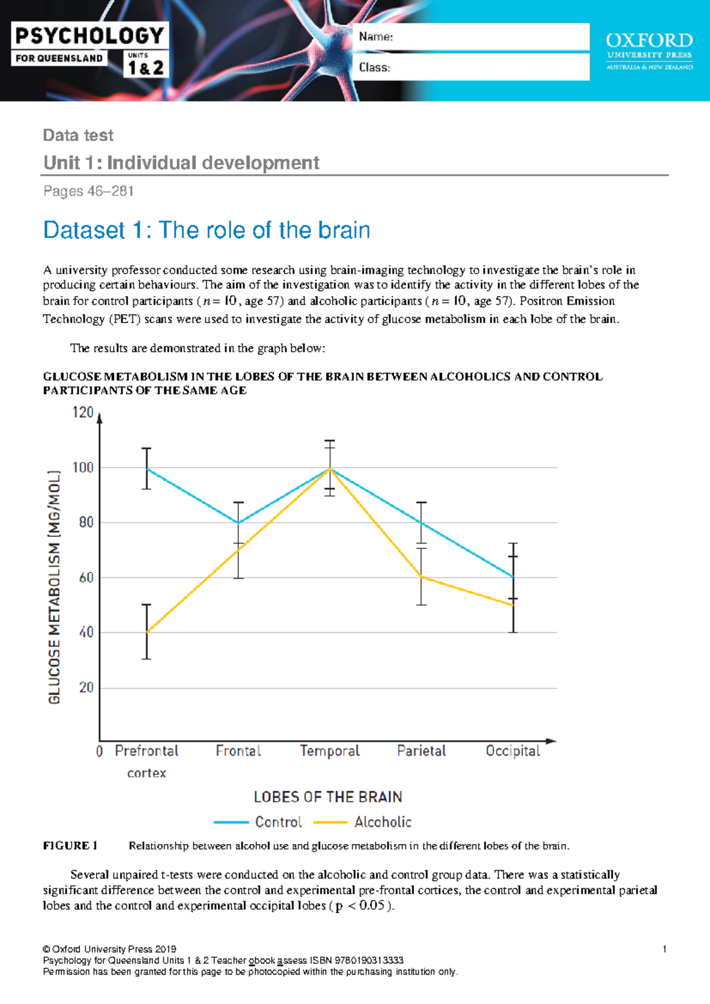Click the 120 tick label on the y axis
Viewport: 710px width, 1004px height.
pos(83,413)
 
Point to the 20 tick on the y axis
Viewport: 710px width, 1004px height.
pos(86,687)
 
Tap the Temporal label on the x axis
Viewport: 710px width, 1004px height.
pos(330,751)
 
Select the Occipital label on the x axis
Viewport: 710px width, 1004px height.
pos(513,751)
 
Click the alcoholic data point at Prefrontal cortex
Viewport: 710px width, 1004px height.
pos(147,632)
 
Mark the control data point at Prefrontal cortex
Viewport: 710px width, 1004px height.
pos(147,469)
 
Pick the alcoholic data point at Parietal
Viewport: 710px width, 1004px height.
pos(421,577)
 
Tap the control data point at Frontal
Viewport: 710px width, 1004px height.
pos(238,523)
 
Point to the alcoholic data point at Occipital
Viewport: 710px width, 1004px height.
pos(514,605)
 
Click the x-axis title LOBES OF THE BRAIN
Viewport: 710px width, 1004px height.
pos(328,797)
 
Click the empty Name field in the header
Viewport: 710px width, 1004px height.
pos(471,37)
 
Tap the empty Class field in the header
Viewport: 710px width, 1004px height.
pos(471,67)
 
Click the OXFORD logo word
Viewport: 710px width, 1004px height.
pos(650,41)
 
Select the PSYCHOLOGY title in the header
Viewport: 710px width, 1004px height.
pos(89,36)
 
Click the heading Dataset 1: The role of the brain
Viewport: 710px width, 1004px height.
pos(206,230)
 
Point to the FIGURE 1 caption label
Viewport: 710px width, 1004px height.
pos(70,846)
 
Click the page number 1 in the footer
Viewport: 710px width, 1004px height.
pos(665,949)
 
